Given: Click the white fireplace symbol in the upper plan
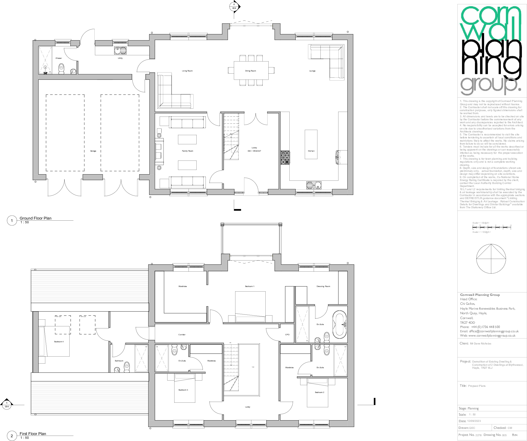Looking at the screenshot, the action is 159,151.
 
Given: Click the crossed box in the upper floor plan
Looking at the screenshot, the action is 45,60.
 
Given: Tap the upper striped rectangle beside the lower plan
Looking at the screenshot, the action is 90,286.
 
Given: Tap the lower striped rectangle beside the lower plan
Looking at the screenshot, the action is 90,397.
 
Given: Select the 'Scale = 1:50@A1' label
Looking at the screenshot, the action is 481,223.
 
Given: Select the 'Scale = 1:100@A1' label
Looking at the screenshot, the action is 481,232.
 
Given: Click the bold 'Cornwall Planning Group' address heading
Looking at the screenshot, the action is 480,295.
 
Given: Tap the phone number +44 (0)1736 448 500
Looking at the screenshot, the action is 485,327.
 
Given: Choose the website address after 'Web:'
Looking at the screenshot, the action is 492,336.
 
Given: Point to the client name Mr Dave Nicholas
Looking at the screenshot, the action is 481,344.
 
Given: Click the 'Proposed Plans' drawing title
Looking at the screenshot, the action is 477,386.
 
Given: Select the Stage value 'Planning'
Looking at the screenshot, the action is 473,409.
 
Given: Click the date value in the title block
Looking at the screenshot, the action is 474,421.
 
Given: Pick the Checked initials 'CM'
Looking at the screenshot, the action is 510,428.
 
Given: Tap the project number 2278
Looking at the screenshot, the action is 478,435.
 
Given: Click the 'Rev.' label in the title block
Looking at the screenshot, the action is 515,435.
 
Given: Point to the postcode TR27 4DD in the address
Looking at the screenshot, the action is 467,323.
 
